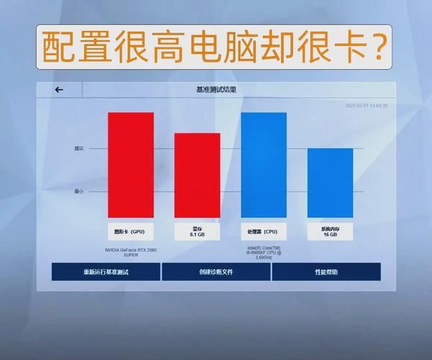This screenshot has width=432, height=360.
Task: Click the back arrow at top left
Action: coord(59,90)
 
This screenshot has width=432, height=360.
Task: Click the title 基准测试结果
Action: coord(215,90)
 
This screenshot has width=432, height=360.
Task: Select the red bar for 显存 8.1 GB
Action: coord(197,175)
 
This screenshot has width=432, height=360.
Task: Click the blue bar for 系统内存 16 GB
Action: coord(330,182)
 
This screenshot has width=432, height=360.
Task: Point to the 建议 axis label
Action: coord(79,149)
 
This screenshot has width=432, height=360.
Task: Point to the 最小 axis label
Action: coord(79,192)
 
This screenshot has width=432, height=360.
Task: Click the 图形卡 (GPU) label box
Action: coord(131,232)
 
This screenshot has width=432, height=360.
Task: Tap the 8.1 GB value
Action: coord(197,235)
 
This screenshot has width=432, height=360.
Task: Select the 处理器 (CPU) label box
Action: coord(264,232)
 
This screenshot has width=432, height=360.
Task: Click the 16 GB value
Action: coord(330,235)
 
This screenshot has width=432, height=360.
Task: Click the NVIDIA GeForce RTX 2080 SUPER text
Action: coord(131,252)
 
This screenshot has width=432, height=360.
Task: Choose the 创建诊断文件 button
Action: coord(216,272)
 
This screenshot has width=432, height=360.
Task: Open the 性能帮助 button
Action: coord(326,272)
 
